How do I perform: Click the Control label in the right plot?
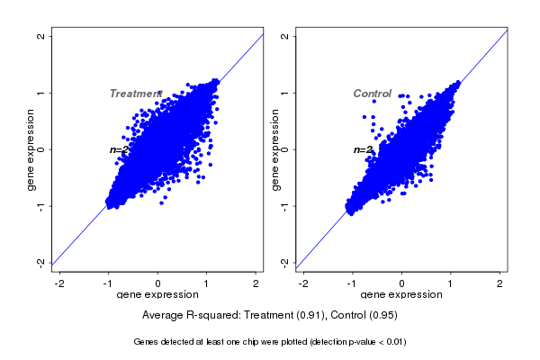pyautogui.click(x=372, y=94)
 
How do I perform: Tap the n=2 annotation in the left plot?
pyautogui.click(x=120, y=149)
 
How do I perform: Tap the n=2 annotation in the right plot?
pyautogui.click(x=363, y=149)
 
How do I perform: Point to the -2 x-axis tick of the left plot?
pyautogui.click(x=58, y=283)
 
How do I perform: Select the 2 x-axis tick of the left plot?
pyautogui.click(x=256, y=283)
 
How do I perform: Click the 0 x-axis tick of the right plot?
pyautogui.click(x=402, y=283)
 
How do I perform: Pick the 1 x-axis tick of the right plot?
pyautogui.click(x=452, y=283)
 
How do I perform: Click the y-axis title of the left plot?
pyautogui.click(x=31, y=149)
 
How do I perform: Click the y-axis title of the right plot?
pyautogui.click(x=274, y=149)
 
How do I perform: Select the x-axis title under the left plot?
pyautogui.click(x=157, y=295)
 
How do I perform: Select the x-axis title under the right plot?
pyautogui.click(x=401, y=295)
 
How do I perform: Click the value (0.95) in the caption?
pyautogui.click(x=381, y=316)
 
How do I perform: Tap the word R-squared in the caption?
pyautogui.click(x=211, y=316)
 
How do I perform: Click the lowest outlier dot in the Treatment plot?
pyautogui.click(x=162, y=202)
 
